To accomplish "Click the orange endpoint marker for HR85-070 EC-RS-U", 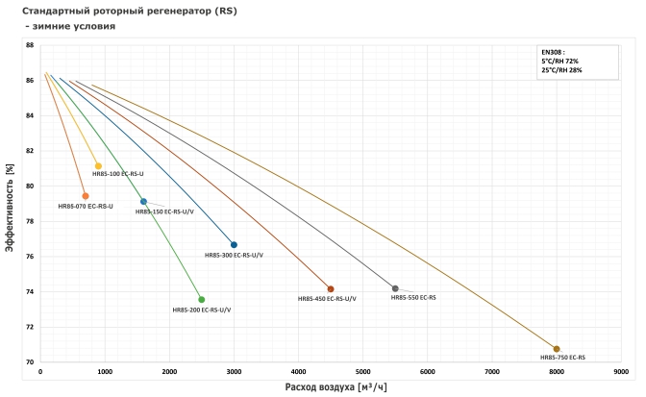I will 86,196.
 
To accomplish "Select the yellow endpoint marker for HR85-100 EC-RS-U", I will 98,166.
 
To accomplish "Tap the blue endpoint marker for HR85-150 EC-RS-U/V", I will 143,202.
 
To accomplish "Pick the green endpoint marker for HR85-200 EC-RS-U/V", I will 201,299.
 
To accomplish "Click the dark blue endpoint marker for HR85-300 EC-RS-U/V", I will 234,244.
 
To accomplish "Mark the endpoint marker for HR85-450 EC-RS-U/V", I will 331,288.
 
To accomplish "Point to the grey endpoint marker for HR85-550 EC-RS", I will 395,288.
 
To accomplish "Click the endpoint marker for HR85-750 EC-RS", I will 557,349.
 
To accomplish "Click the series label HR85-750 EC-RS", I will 563,358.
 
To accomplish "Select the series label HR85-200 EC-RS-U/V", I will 201,310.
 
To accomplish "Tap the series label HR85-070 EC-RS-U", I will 86,207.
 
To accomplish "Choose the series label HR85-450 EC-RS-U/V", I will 328,299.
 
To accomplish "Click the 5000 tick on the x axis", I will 362,370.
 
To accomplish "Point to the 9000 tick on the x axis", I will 621,370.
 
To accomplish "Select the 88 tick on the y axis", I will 30,45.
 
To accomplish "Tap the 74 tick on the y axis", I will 30,291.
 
